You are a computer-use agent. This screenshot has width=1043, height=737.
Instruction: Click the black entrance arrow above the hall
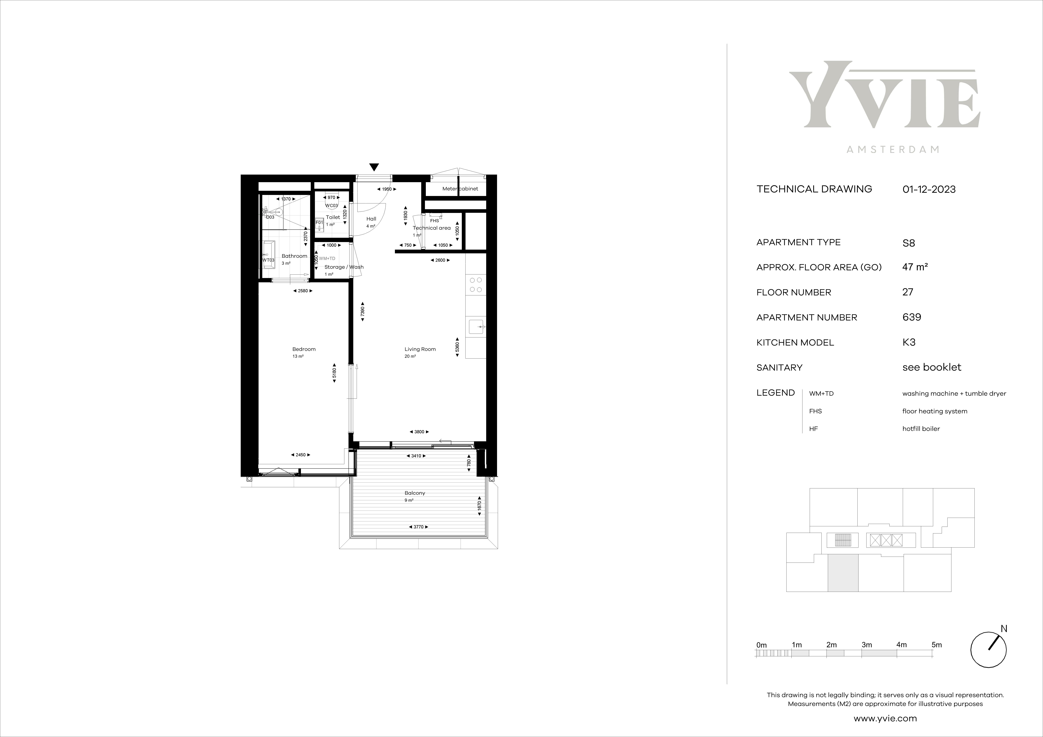[x=374, y=167]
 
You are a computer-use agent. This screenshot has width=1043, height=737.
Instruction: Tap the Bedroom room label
[x=304, y=349]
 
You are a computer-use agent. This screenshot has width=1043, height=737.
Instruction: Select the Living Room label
[x=420, y=349]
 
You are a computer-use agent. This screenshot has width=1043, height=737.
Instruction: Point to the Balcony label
[x=415, y=493]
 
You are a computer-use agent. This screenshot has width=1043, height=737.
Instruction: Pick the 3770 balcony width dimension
[x=418, y=527]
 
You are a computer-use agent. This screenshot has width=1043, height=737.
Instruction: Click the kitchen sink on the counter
[x=476, y=326]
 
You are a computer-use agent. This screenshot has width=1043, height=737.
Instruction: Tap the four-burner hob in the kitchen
[x=476, y=285]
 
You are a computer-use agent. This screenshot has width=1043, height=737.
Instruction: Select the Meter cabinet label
[x=460, y=188]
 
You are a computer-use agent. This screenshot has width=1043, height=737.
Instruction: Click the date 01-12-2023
[x=929, y=189]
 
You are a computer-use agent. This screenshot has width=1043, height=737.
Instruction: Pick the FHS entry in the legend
[x=815, y=411]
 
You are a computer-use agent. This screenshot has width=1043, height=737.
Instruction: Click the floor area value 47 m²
[x=915, y=267]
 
